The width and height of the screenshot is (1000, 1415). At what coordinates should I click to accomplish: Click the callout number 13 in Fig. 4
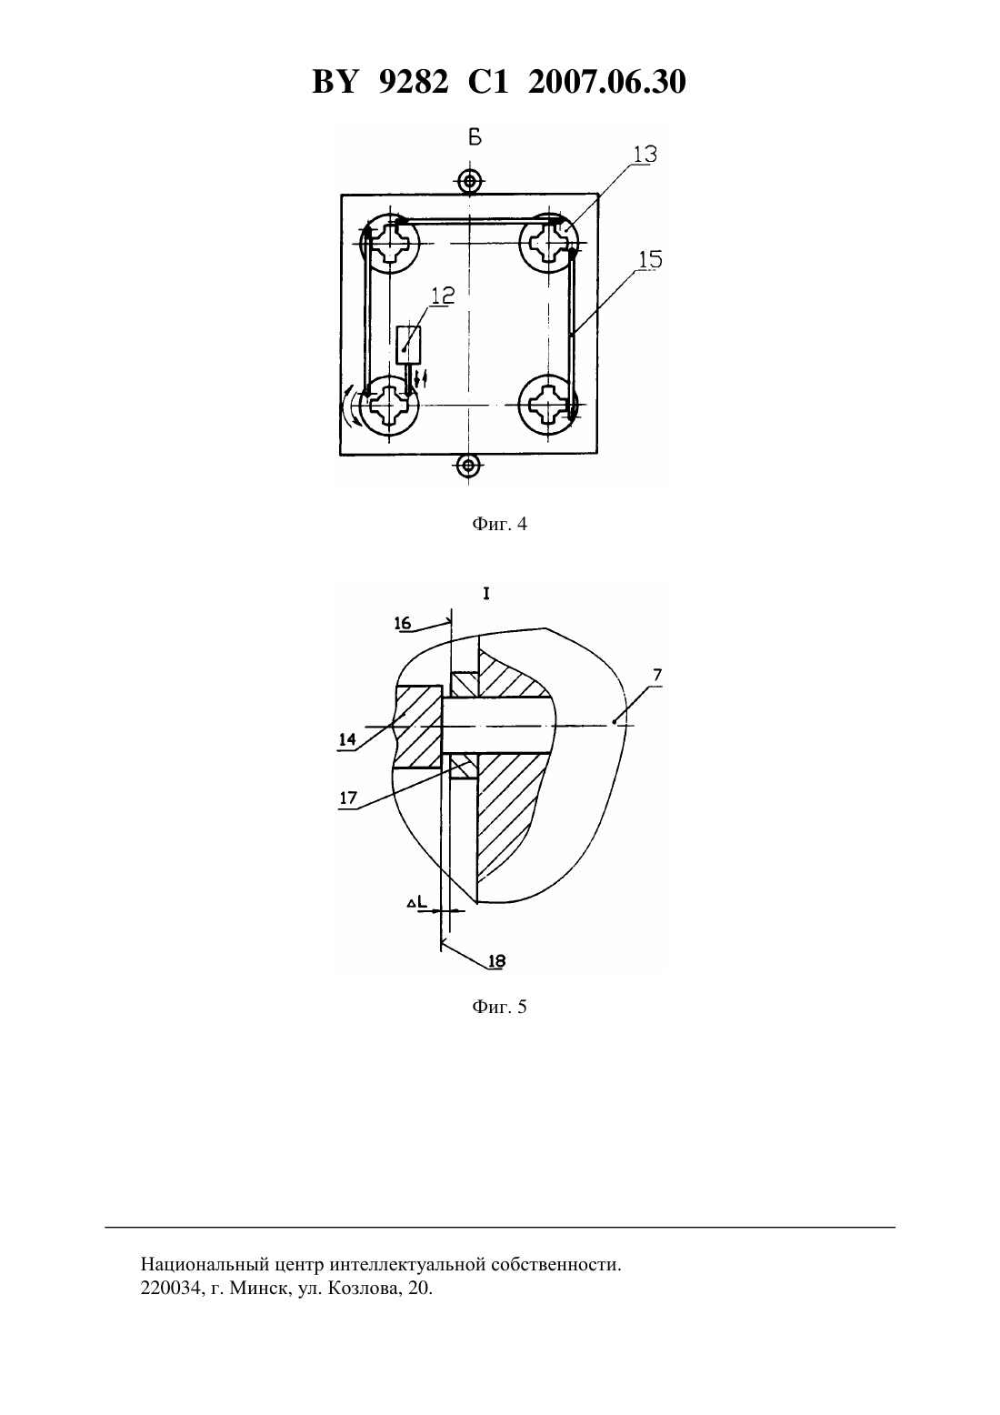click(x=645, y=154)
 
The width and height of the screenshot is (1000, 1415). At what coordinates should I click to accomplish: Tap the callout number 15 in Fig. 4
click(x=651, y=259)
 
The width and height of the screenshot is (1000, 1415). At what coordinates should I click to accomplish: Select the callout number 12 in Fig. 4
click(x=444, y=295)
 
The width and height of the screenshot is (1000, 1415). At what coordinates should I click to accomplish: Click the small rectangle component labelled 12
click(x=408, y=345)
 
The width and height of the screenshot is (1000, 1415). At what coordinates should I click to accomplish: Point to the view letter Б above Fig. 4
click(x=475, y=137)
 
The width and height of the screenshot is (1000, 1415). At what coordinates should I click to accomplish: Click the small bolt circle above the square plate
click(x=469, y=182)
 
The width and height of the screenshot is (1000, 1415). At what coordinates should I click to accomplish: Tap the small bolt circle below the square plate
click(x=468, y=467)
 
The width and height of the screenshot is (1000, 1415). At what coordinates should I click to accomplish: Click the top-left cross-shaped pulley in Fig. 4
click(x=389, y=243)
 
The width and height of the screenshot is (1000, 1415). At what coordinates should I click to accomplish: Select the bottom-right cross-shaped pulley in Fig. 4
click(x=548, y=405)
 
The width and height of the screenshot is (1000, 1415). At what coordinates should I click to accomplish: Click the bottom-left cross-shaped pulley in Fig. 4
click(x=389, y=405)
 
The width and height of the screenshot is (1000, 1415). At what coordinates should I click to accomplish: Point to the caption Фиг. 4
click(x=499, y=524)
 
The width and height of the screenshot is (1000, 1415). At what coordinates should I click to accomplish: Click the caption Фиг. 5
click(x=499, y=1007)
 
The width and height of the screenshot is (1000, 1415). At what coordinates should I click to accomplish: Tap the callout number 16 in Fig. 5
click(x=403, y=624)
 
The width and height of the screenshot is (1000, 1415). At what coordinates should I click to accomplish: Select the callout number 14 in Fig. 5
click(x=347, y=739)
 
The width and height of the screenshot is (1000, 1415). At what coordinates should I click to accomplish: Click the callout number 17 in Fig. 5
click(x=348, y=798)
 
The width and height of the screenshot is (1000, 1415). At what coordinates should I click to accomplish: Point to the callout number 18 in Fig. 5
click(x=497, y=961)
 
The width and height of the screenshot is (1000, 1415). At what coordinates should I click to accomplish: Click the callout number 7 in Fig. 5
click(x=657, y=675)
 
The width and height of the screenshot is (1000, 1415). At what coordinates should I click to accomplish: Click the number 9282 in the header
click(x=414, y=82)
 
